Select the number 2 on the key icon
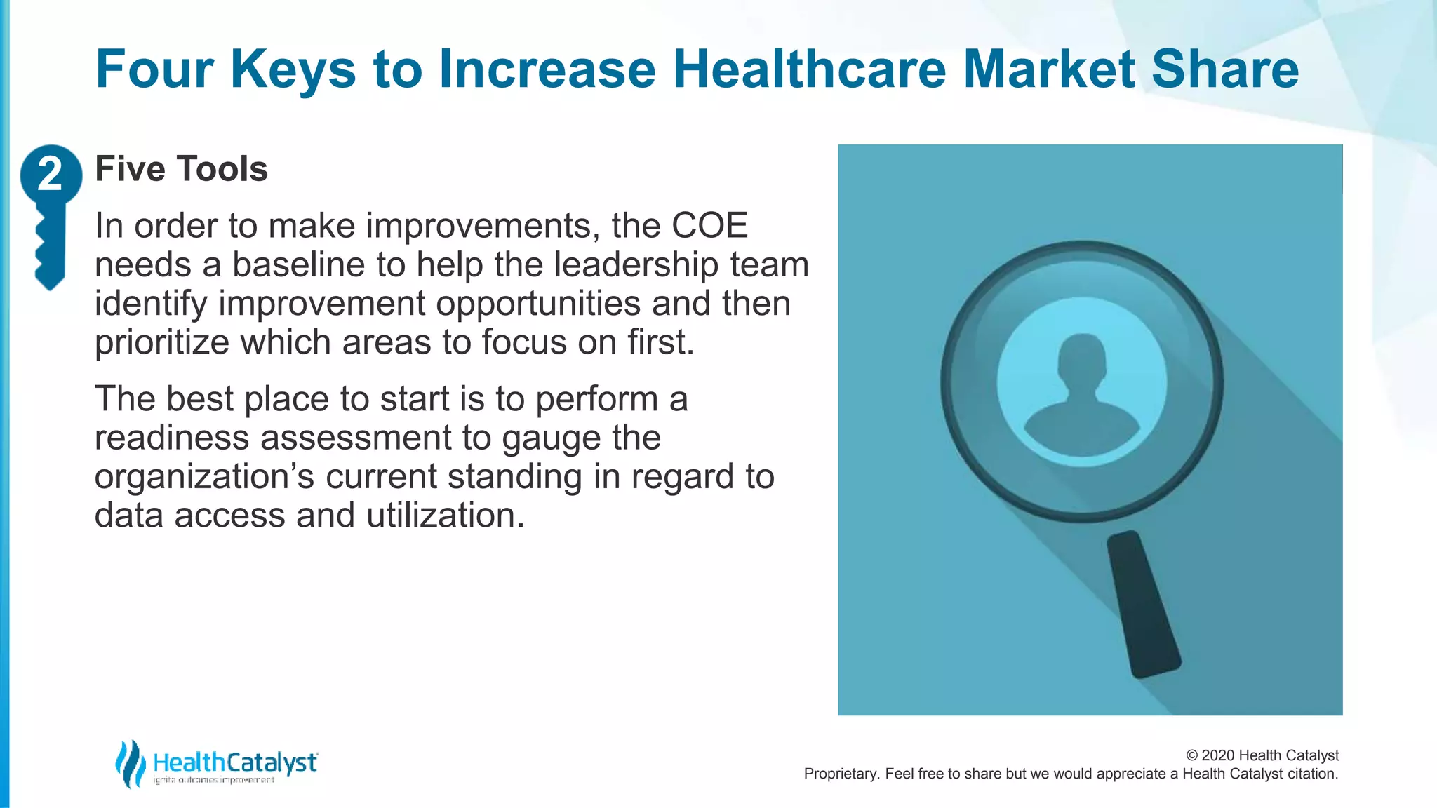tap(50, 174)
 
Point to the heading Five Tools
tap(181, 169)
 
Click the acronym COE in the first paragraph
tap(709, 226)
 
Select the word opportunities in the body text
tap(538, 304)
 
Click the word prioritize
tap(162, 342)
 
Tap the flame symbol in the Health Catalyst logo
tap(130, 763)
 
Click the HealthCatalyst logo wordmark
tap(235, 762)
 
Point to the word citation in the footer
tap(1312, 774)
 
